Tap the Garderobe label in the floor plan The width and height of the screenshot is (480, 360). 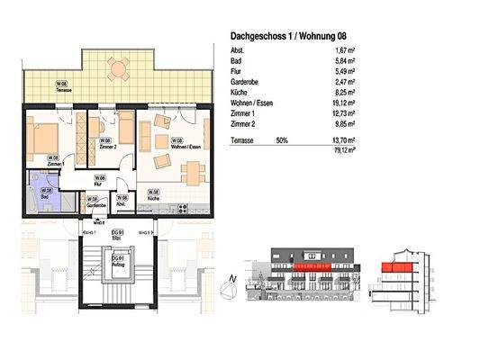tap(96, 205)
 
